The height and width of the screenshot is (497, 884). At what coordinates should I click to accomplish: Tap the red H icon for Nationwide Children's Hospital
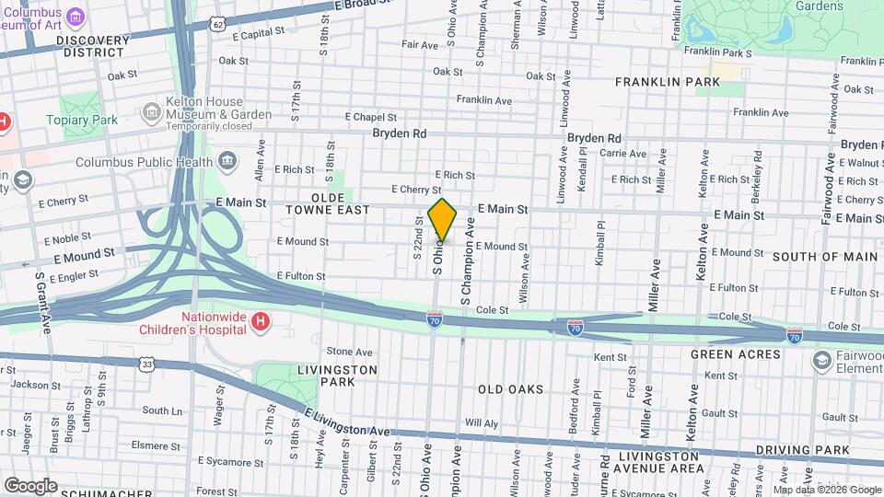(261, 321)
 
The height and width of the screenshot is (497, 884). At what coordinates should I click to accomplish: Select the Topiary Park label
(92, 120)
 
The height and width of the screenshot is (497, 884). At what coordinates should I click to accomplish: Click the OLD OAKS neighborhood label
(510, 389)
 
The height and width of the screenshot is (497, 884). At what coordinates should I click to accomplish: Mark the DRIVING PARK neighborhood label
(802, 450)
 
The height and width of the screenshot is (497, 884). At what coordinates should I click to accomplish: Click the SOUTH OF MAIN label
(824, 256)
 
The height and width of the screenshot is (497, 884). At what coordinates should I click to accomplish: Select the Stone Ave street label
(349, 352)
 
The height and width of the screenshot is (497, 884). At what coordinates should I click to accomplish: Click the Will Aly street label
(482, 423)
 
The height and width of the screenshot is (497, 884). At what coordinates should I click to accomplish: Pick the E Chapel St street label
(370, 118)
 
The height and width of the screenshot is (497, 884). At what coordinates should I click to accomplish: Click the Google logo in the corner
(30, 485)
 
